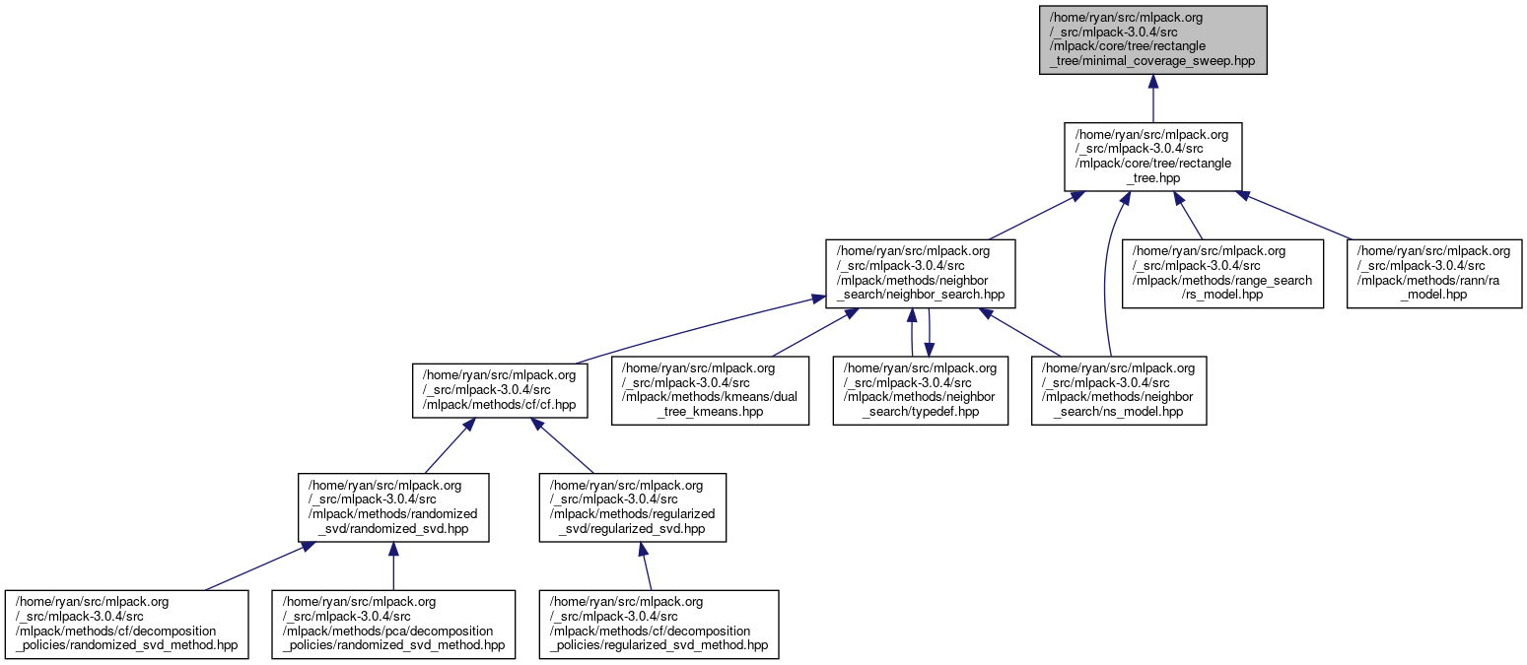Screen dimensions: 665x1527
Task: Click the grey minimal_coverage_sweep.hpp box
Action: point(1152,39)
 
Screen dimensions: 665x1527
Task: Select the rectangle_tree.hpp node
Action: point(1152,157)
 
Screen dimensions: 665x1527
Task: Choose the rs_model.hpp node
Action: point(1222,273)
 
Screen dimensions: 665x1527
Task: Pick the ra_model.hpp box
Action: point(1435,273)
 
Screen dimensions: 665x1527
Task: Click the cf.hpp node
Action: point(500,390)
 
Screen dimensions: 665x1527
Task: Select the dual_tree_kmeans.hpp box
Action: point(710,390)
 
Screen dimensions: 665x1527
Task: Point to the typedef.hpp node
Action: point(921,390)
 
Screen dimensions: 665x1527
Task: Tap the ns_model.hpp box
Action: point(1119,390)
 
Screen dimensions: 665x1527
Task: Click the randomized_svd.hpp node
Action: point(392,507)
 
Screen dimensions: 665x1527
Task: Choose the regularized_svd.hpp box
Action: point(632,507)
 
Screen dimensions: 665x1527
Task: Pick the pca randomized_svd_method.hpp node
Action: point(394,625)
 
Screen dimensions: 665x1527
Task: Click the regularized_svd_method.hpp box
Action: point(659,625)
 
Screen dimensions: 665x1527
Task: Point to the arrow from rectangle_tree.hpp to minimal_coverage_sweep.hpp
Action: point(1152,99)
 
